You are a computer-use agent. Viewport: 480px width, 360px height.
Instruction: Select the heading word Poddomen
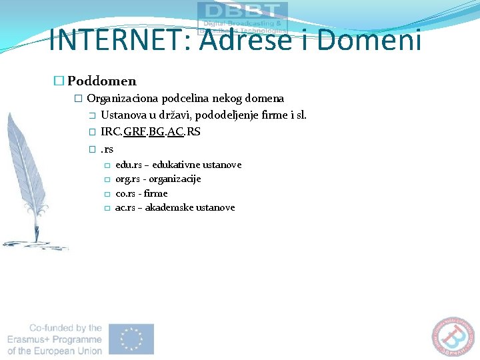[x=101, y=81]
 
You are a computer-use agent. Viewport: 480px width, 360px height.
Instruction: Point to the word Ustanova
[x=125, y=115]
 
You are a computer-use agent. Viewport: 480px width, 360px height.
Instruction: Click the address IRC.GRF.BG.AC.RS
[x=151, y=131]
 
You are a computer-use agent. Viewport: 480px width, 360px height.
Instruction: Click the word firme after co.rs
[x=156, y=193]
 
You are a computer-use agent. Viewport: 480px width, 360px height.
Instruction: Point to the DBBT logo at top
[x=243, y=15]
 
